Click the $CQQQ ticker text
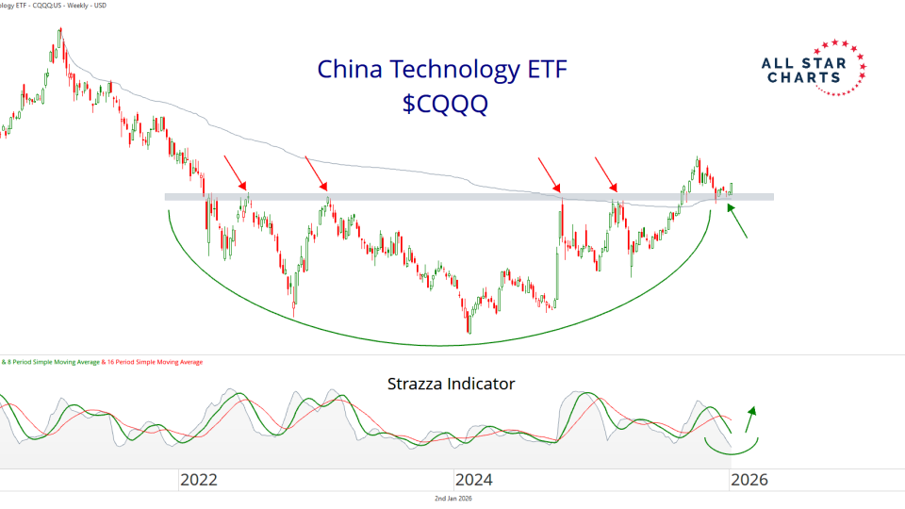445,104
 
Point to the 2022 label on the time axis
199,479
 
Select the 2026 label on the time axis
749,479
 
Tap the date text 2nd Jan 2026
452,499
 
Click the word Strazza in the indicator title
418,384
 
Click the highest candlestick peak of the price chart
60,30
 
